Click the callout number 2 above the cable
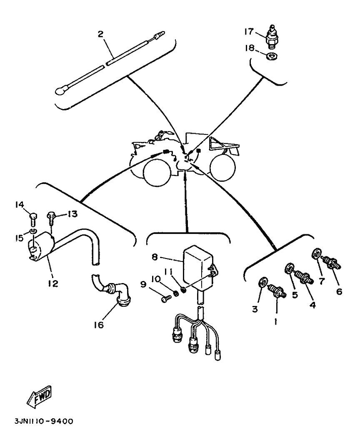click(x=100, y=34)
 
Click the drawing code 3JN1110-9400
click(x=40, y=421)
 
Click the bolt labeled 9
click(x=166, y=298)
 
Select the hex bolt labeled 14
click(x=34, y=216)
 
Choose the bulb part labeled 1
click(x=277, y=290)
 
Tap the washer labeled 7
click(x=316, y=253)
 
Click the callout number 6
click(x=339, y=291)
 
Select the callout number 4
click(x=312, y=305)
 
